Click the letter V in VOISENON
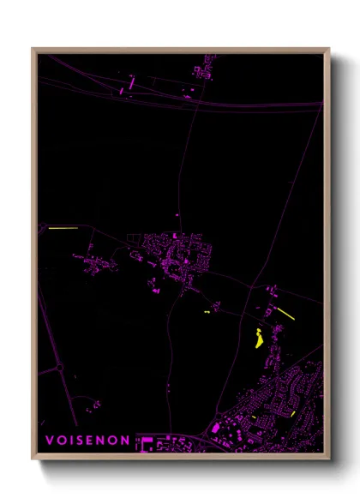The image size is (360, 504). pos(50,441)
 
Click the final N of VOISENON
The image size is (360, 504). pos(127,441)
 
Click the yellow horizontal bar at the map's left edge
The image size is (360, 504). pos(63,229)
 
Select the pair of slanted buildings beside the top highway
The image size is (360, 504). pos(132,83)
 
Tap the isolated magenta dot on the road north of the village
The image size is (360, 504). pos(177,215)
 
